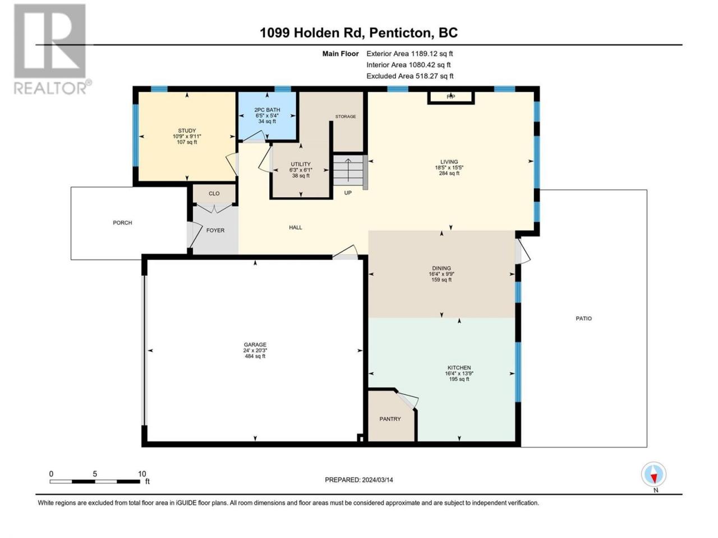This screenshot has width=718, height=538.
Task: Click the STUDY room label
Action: click(x=187, y=131)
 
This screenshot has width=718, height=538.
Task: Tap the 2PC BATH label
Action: click(x=267, y=110)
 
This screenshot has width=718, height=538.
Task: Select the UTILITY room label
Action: click(x=301, y=164)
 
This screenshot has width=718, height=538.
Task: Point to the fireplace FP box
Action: click(x=451, y=97)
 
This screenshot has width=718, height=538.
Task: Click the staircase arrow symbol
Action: click(x=348, y=170)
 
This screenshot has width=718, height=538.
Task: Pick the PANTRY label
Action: click(x=390, y=419)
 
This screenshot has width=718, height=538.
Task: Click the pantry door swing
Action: click(x=408, y=400)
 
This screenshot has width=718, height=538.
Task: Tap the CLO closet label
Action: click(x=214, y=193)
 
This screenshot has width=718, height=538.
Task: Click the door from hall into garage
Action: click(x=346, y=252)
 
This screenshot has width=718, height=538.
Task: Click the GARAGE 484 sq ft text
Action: click(x=255, y=356)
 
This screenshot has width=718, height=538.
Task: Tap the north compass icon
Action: click(x=653, y=474)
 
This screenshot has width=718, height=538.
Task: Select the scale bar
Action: click(x=95, y=481)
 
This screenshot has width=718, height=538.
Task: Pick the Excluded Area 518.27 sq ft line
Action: click(x=410, y=76)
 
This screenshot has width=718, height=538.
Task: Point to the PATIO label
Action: click(x=584, y=318)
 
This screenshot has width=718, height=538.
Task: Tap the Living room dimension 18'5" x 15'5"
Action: click(x=449, y=168)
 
